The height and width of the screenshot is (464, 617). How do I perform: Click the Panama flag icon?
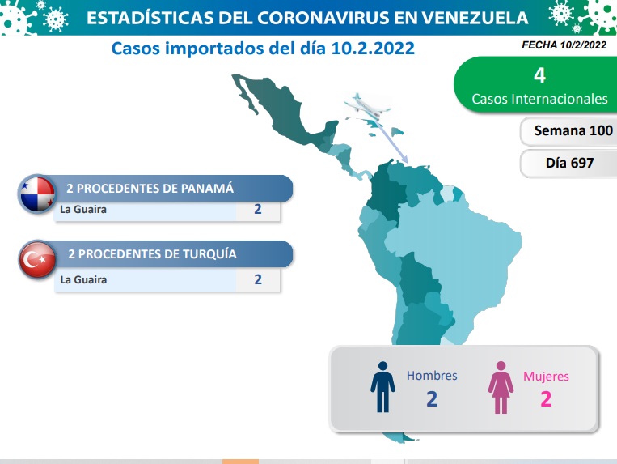point(37,194)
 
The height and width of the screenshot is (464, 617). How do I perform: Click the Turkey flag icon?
point(37,260)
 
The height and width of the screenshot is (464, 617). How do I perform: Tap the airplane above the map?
point(367,106)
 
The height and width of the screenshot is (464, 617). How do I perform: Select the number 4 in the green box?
point(539,74)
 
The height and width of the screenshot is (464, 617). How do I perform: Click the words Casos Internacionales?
point(539,99)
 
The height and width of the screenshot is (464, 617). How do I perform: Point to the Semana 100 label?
point(573,130)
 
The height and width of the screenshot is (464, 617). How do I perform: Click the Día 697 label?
point(569,163)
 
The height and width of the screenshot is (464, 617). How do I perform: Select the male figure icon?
point(382,387)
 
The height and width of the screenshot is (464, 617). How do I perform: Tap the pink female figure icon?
point(501,387)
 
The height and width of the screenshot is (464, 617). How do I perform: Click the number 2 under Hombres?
point(432,399)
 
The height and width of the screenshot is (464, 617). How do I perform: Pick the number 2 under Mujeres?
point(546,399)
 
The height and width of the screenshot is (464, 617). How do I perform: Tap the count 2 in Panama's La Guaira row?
point(258,209)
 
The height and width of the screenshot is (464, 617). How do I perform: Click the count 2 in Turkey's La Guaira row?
point(258,279)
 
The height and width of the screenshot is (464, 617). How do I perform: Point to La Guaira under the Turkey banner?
point(83,279)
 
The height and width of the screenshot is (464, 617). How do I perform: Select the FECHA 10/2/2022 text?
point(564,45)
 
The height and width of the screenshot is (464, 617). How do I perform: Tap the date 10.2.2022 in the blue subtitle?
point(373,49)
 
